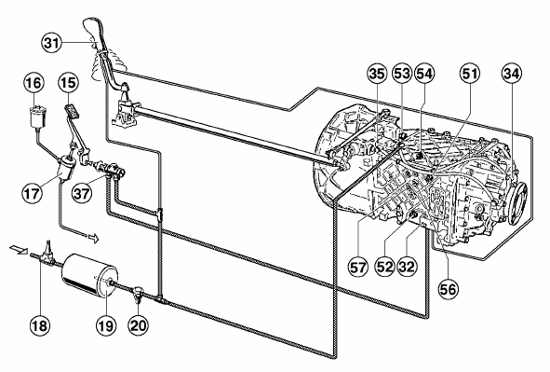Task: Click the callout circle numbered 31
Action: (52, 43)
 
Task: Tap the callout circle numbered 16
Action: (34, 83)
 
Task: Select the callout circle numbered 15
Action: (68, 83)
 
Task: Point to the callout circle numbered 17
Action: (33, 193)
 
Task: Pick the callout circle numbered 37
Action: (82, 193)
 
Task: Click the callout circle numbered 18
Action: (39, 325)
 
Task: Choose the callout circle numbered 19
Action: (106, 325)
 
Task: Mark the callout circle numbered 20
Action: (139, 325)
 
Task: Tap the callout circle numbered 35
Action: (377, 74)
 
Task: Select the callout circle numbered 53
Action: (402, 74)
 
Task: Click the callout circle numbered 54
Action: (424, 74)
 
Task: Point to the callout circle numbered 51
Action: (470, 74)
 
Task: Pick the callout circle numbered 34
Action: (512, 74)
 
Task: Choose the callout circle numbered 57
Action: (358, 267)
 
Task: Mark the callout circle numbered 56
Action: (449, 289)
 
